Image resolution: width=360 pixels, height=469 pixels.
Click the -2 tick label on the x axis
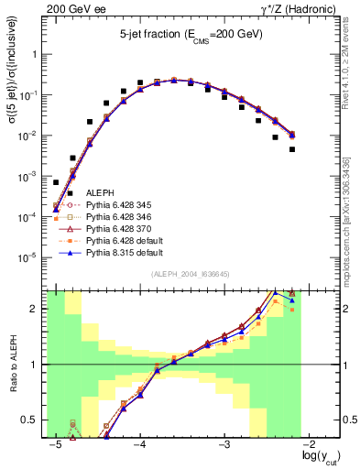[311, 444]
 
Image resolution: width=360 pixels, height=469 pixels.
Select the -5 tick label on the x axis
[56, 444]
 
